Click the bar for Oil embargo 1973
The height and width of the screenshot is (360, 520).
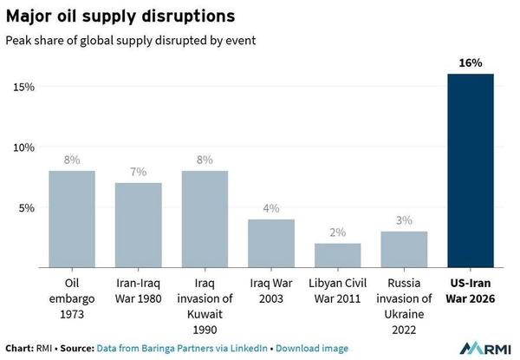click(72, 219)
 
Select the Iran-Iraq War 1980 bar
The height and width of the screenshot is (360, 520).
click(139, 226)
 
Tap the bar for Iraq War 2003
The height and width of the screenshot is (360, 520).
click(271, 244)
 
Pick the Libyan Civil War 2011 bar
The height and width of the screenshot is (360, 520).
click(338, 256)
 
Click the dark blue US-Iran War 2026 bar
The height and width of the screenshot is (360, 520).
click(471, 171)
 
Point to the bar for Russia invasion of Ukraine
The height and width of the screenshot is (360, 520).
click(404, 250)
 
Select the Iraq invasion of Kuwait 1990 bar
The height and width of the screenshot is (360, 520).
click(205, 219)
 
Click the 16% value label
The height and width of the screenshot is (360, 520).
click(471, 63)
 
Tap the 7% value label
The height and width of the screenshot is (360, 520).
click(139, 172)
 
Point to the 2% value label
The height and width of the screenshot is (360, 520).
click(338, 232)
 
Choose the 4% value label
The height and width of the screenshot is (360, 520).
click(271, 208)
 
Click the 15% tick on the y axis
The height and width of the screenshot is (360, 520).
click(23, 87)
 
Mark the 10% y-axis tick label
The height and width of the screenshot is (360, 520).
click(23, 147)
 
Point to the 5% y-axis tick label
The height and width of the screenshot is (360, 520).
click(27, 207)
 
